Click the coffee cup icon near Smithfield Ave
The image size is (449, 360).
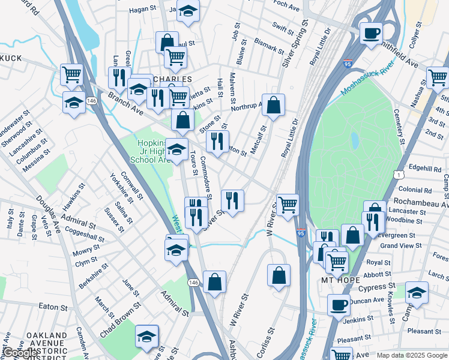[371, 32]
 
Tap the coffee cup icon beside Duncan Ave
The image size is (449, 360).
[339, 304]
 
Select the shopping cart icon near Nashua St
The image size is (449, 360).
[438, 77]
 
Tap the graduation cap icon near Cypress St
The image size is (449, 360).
[417, 292]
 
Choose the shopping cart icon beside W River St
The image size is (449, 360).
[288, 204]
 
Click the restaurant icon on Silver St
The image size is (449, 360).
[232, 200]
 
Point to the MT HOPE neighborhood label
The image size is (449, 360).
[340, 280]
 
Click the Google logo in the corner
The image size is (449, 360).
[20, 353]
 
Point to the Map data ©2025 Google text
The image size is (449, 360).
[411, 355]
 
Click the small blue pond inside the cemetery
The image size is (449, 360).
[355, 141]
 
